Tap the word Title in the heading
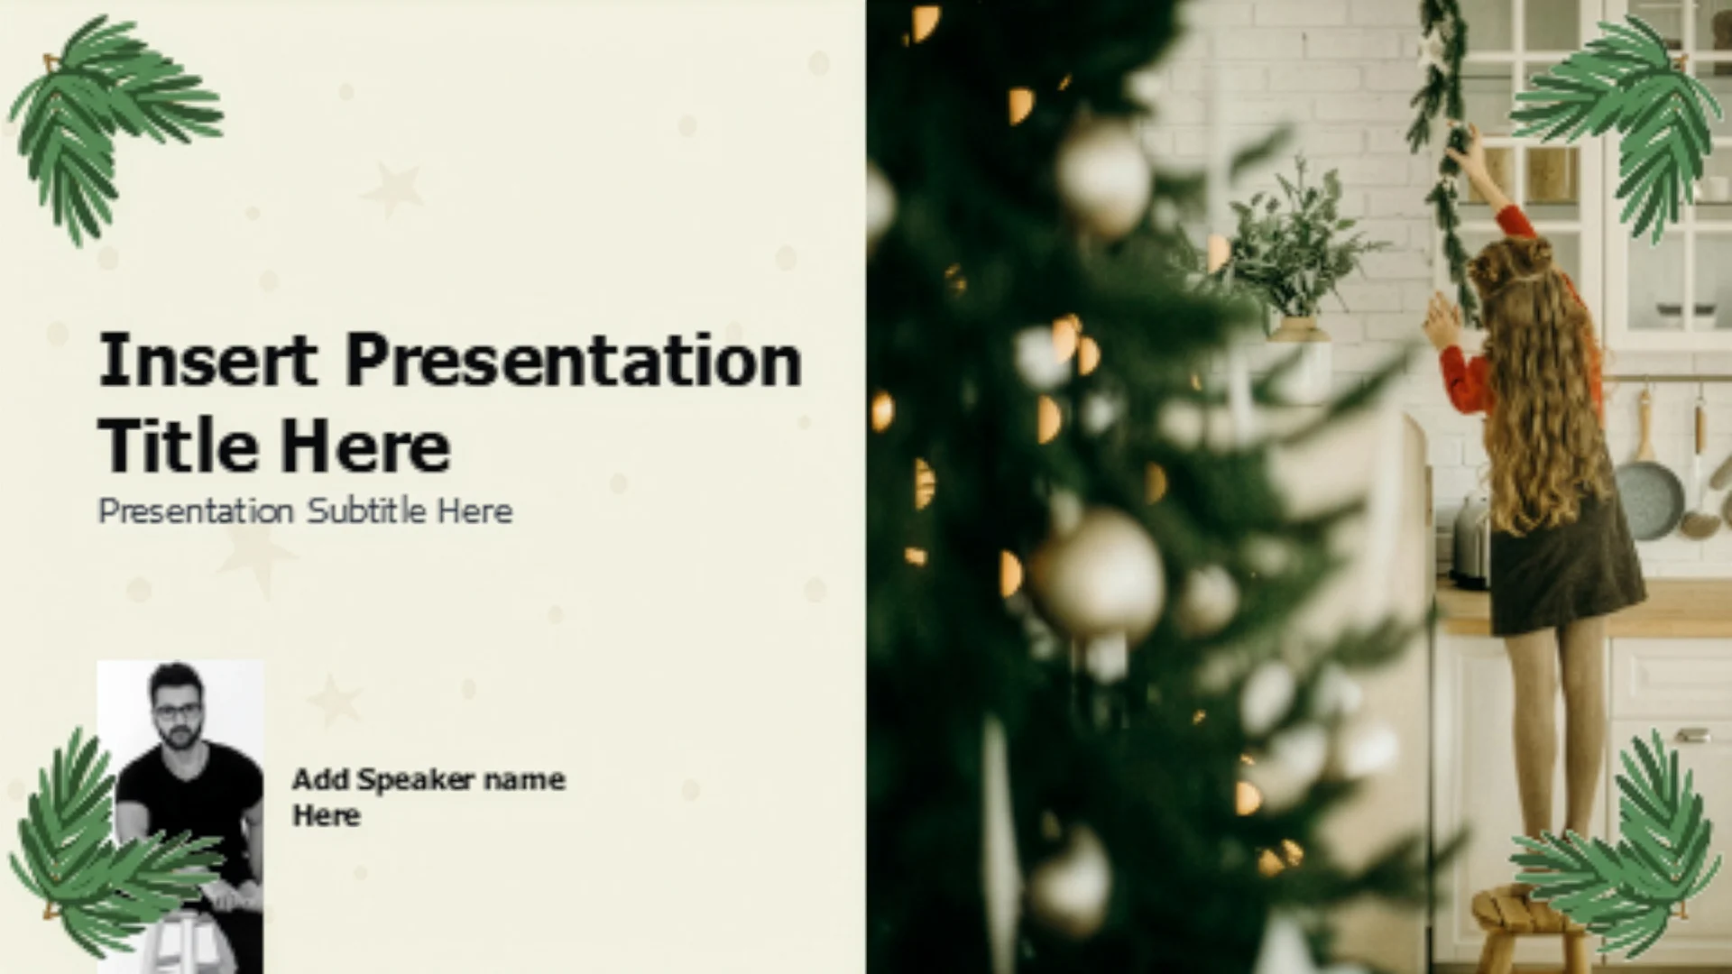177,446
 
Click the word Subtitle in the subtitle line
366,511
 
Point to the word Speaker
416,780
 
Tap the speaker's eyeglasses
177,711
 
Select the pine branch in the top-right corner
1615,126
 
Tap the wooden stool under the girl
1527,929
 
